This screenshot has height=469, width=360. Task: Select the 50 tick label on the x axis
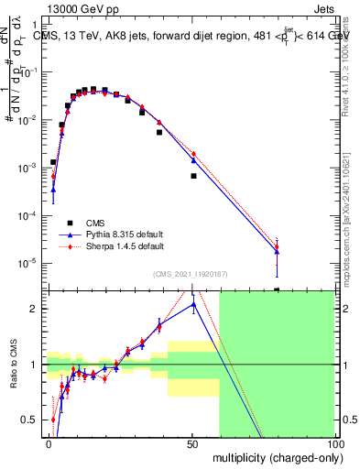point(192,443)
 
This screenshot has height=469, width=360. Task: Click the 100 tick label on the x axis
point(333,443)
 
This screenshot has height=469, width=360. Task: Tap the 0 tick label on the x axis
point(49,443)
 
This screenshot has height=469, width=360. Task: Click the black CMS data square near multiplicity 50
point(193,176)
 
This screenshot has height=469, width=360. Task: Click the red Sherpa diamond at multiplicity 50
point(193,153)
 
